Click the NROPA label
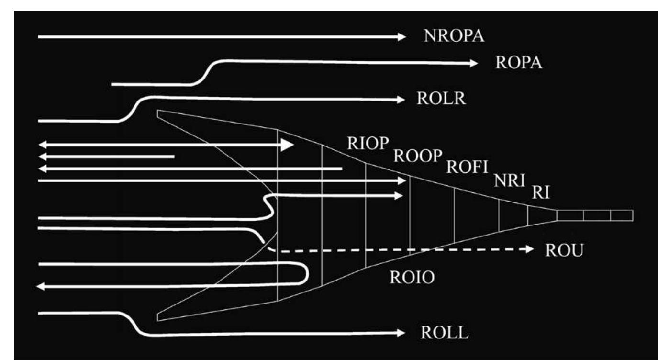coord(454,36)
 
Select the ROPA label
coord(519,63)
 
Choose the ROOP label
coord(416,157)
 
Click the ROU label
coord(564,250)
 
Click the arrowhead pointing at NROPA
coord(402,36)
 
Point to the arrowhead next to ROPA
coord(474,63)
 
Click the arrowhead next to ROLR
coord(401,100)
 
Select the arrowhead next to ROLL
coord(401,333)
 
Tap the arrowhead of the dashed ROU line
coord(529,249)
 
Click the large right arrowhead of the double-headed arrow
coord(287,145)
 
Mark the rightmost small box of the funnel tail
coord(622,215)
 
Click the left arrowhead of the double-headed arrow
coord(42,145)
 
